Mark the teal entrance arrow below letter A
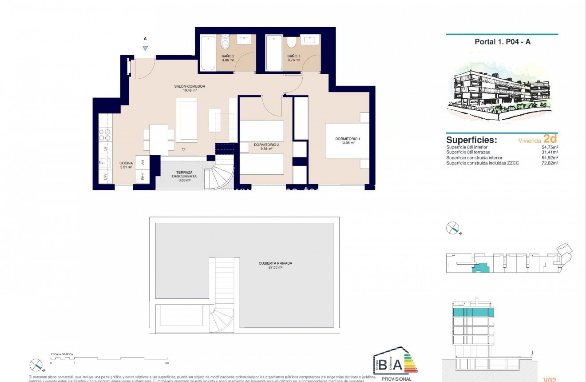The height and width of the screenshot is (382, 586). point(145,48)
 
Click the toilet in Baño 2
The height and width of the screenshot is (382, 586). point(225,44)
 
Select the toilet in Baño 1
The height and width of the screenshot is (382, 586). point(291,43)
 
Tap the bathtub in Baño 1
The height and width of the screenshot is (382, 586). point(273,53)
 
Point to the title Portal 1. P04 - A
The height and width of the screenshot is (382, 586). point(502,42)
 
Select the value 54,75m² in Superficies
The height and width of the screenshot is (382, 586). point(550,147)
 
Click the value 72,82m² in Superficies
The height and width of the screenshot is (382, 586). point(550,163)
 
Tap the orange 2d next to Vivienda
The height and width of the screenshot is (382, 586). point(550,139)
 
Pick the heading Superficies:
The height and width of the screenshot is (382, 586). point(471,140)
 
